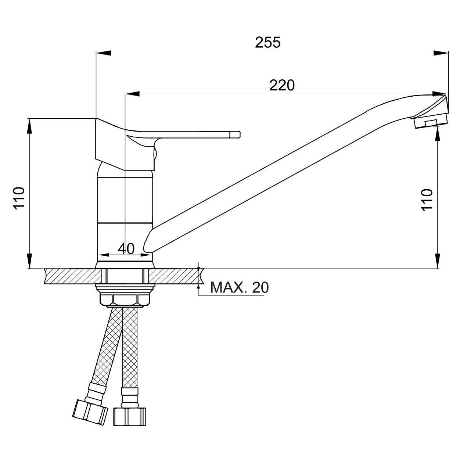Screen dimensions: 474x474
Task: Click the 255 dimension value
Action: tap(267, 42)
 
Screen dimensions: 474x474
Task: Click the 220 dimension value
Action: tap(282, 85)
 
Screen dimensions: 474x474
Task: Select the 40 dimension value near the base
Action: tap(126, 249)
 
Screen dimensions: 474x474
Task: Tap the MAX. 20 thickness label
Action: tap(239, 288)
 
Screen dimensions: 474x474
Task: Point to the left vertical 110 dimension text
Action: tap(19, 198)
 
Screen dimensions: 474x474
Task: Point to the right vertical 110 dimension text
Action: tap(427, 200)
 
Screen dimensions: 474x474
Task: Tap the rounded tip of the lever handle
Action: tap(235, 134)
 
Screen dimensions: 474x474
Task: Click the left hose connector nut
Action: tap(90, 412)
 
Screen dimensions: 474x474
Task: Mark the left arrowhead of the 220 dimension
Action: tap(133, 94)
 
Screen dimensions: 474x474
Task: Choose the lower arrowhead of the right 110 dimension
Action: tap(437, 261)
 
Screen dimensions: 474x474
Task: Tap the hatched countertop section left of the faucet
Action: tap(72, 276)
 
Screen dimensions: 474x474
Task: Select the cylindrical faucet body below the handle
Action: tap(125, 200)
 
